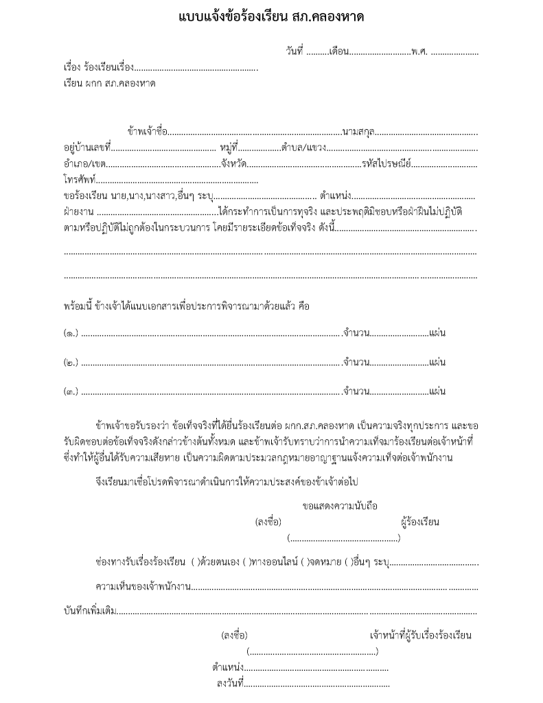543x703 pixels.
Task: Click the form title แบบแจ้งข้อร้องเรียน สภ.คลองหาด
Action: (x=271, y=17)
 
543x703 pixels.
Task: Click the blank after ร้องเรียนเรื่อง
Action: (x=196, y=69)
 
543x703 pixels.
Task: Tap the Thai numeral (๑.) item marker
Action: (x=71, y=334)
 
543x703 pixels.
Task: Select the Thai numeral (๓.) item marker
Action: (x=71, y=392)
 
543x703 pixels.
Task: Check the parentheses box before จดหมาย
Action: (x=310, y=562)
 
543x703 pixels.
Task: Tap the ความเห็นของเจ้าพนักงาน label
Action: (x=141, y=586)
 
